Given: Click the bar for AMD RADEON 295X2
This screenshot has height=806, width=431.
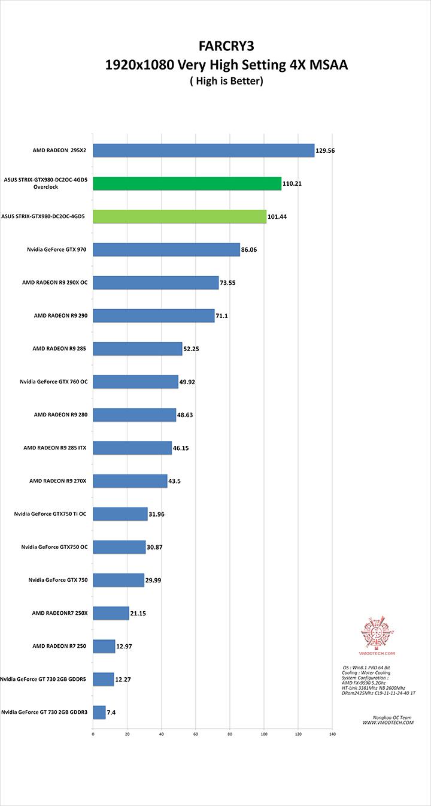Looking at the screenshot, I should click(x=204, y=150).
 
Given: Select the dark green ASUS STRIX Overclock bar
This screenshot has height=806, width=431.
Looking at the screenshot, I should click(x=187, y=183).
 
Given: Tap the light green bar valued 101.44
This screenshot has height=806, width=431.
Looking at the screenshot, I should click(x=180, y=216).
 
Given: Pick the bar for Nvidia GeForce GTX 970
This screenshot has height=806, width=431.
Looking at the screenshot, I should click(x=166, y=249).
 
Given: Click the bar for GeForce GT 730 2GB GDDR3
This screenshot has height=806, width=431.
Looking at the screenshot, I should click(x=99, y=712).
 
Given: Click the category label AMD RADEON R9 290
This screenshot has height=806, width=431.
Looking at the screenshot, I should click(x=60, y=315).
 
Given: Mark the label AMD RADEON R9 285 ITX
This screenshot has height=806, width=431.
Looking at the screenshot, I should click(x=55, y=448).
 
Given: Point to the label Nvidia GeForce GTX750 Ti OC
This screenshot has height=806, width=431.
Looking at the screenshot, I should click(x=53, y=514).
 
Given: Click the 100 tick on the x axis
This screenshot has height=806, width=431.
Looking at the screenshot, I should click(x=264, y=733).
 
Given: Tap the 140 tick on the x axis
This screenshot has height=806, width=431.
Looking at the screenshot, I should click(x=332, y=733).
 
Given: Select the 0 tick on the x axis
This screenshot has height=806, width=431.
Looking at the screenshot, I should click(x=93, y=733).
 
